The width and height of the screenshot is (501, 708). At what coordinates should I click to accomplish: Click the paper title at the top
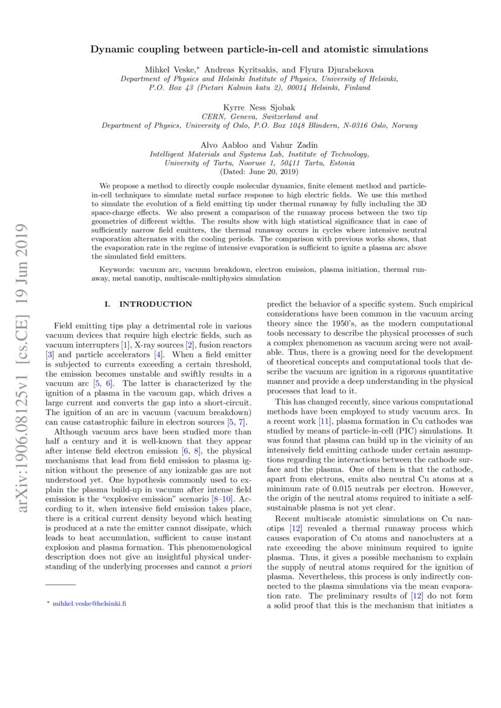point(250,49)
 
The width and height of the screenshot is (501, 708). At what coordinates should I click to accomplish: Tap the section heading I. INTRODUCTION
point(148,304)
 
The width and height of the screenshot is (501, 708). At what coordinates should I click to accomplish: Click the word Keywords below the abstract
point(116,268)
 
